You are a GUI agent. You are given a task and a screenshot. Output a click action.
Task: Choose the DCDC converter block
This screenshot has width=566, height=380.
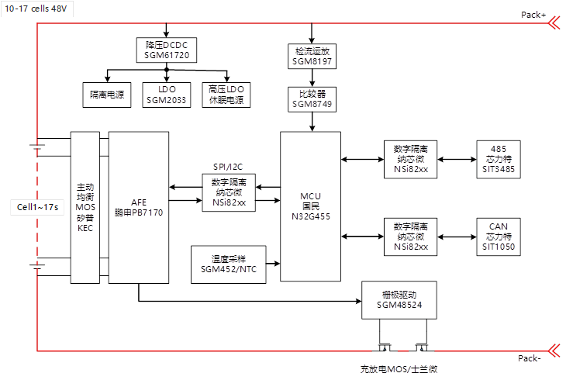click(x=167, y=50)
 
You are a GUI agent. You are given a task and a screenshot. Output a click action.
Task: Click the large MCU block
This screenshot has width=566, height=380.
click(x=310, y=206)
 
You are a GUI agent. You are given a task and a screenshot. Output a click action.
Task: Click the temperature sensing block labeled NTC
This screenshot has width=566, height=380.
click(x=229, y=264)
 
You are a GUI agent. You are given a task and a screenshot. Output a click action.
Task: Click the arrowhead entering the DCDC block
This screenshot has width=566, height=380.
click(x=167, y=35)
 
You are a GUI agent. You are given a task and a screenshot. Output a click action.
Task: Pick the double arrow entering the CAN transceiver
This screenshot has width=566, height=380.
click(x=458, y=235)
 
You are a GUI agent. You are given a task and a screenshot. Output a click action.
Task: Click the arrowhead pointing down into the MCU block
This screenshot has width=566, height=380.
click(x=311, y=127)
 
